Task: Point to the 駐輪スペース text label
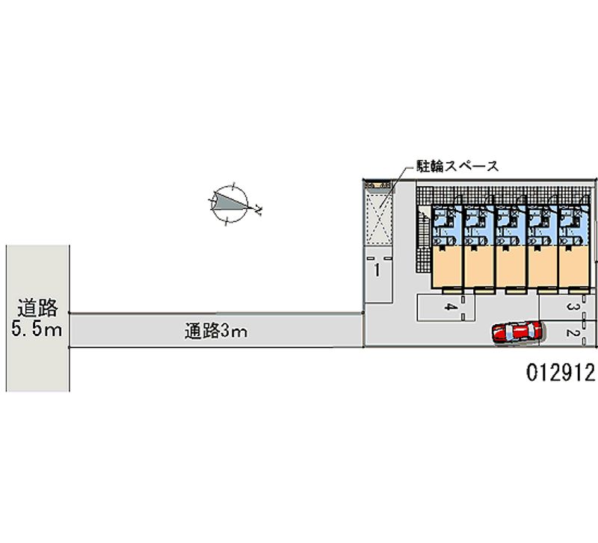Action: tap(457, 167)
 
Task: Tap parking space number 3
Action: tap(570, 306)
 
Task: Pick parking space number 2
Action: tap(570, 334)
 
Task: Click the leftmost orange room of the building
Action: tap(447, 265)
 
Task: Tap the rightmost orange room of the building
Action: tap(576, 265)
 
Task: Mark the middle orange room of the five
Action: tap(511, 265)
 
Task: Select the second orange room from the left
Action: tap(479, 265)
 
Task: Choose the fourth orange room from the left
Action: tap(543, 265)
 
